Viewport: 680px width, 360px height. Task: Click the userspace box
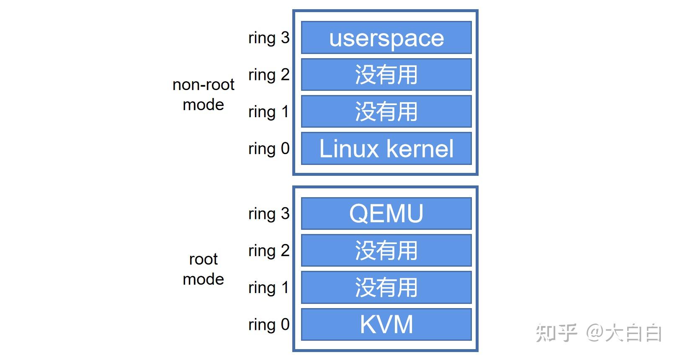pyautogui.click(x=386, y=38)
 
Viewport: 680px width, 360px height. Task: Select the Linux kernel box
pyautogui.click(x=386, y=149)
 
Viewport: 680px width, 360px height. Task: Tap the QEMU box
pyautogui.click(x=386, y=213)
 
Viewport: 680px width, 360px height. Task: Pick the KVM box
pyautogui.click(x=386, y=324)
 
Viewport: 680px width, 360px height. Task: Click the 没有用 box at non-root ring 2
pyautogui.click(x=386, y=75)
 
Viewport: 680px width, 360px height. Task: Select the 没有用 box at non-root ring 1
pyautogui.click(x=386, y=112)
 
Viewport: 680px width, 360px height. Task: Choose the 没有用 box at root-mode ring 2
pyautogui.click(x=386, y=250)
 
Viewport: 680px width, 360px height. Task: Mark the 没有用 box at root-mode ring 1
pyautogui.click(x=386, y=288)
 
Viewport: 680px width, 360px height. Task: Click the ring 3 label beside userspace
pyautogui.click(x=269, y=38)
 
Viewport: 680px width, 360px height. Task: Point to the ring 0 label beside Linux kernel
pyautogui.click(x=269, y=149)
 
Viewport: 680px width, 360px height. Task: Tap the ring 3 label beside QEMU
pyautogui.click(x=269, y=214)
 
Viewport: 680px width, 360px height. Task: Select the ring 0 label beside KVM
pyautogui.click(x=269, y=324)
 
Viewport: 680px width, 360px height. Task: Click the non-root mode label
pyautogui.click(x=203, y=94)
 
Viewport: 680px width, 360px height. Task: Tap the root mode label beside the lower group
pyautogui.click(x=203, y=269)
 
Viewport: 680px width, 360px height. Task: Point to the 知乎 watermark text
pyautogui.click(x=556, y=333)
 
